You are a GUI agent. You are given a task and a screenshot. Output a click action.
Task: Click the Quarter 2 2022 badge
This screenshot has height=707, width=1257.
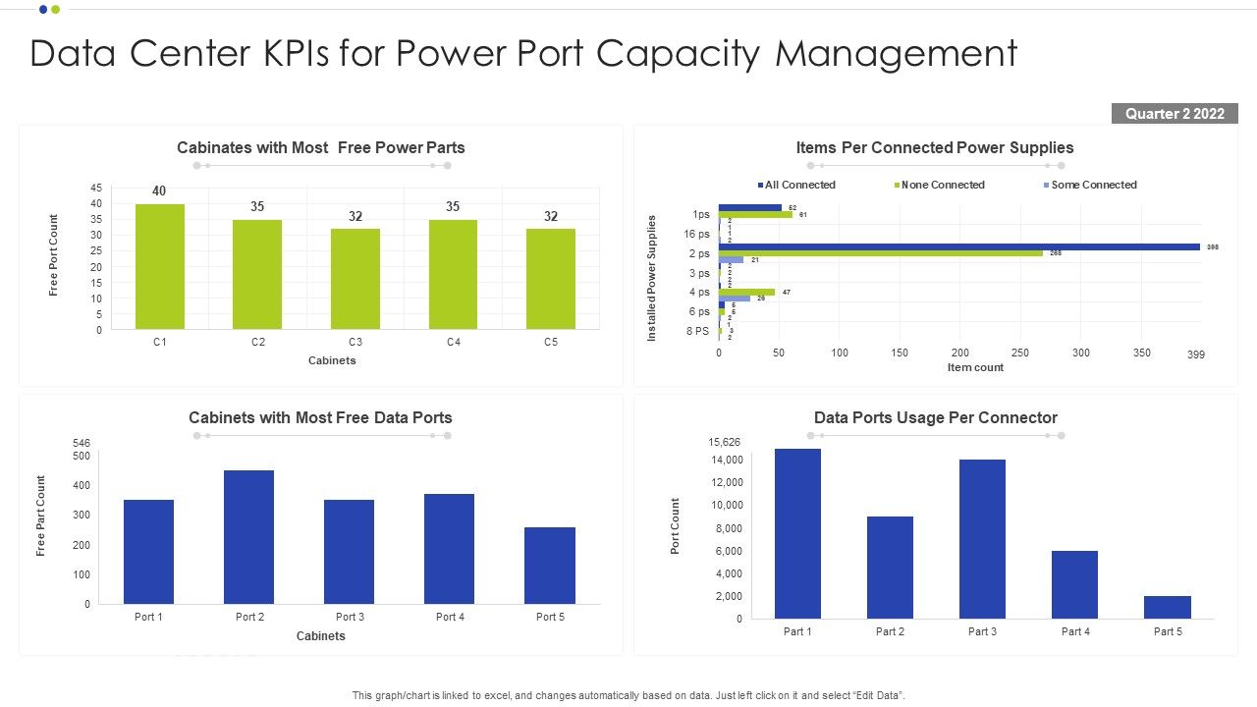coord(1175,114)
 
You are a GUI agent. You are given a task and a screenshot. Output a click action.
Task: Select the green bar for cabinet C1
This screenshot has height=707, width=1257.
coord(160,266)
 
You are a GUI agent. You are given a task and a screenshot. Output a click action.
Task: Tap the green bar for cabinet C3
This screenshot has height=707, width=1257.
coord(355,279)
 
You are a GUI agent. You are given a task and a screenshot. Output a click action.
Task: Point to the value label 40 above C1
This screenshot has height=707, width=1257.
coord(159,190)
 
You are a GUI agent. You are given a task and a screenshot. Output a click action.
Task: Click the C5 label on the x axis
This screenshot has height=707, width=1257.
coord(551,343)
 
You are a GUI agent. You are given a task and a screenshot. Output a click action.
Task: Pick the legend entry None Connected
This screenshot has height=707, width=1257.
coord(942,185)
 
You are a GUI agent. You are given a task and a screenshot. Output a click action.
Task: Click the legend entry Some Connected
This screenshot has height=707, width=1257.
coord(1093,185)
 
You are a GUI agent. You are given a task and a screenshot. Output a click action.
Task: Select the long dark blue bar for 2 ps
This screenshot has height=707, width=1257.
coord(958,246)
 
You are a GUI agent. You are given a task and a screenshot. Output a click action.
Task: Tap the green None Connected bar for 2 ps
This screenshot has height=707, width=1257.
coord(880,253)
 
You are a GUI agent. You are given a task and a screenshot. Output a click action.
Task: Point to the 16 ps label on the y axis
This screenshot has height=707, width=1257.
coord(697,234)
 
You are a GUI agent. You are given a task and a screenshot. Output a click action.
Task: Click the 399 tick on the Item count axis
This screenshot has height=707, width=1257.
coord(1195,354)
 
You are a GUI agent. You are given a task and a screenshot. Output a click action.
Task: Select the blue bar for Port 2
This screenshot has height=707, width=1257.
coord(249,537)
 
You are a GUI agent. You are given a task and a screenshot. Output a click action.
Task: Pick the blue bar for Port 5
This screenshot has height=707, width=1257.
coord(550,566)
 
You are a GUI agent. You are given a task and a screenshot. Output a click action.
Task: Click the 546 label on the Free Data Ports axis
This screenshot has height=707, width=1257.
coord(82,444)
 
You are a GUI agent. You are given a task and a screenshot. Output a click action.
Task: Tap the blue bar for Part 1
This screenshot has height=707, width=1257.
coord(797,533)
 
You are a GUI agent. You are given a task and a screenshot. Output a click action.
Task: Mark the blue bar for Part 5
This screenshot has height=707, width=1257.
coord(1168,607)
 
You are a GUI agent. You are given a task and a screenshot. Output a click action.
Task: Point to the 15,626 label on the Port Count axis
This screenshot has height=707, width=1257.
coord(725,443)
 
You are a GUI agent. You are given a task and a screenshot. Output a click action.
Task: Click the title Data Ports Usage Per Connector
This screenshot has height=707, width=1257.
coord(935,417)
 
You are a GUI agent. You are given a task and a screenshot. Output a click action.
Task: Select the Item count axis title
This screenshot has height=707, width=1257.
coord(975,367)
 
